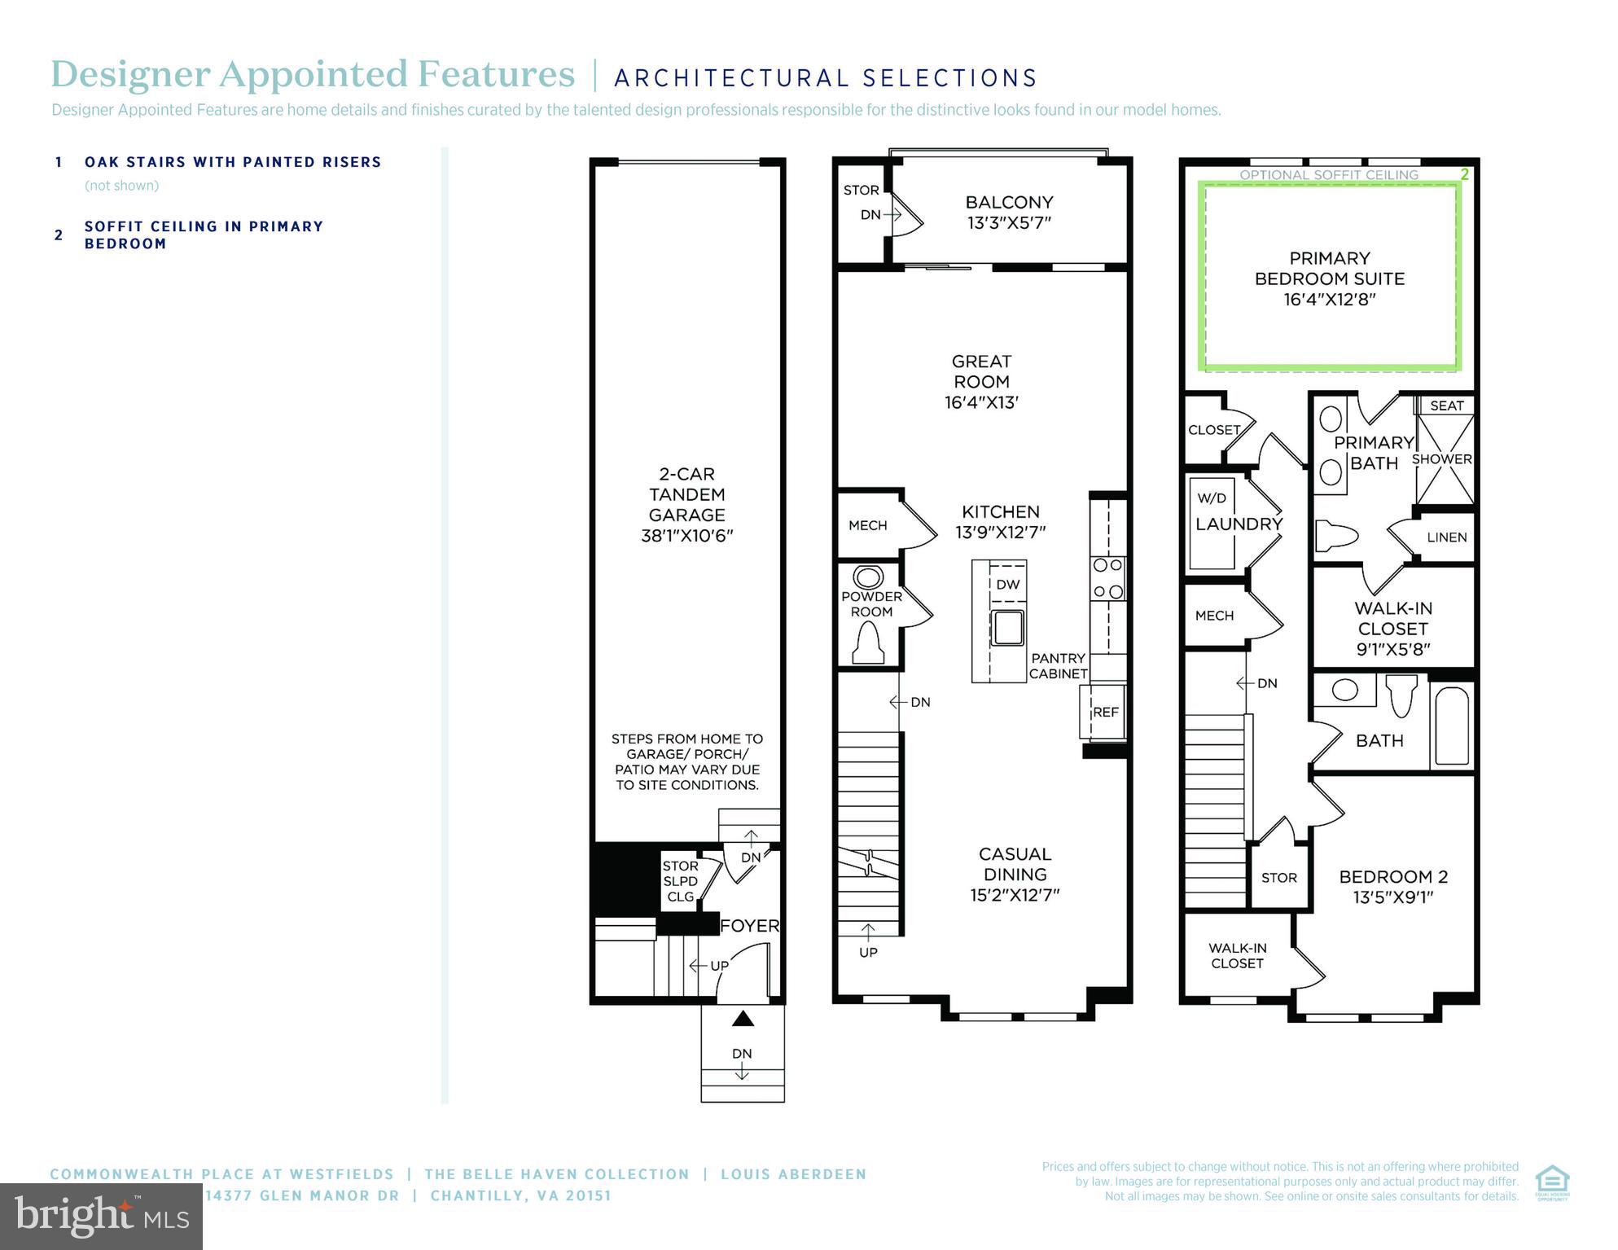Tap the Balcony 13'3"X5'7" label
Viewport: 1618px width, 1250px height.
pyautogui.click(x=1009, y=212)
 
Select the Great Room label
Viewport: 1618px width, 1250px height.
pyautogui.click(x=981, y=381)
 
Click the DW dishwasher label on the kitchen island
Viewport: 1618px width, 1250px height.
pyautogui.click(x=1007, y=584)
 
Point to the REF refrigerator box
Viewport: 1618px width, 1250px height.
pyautogui.click(x=1104, y=712)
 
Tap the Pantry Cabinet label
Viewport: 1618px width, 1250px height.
pyautogui.click(x=1058, y=665)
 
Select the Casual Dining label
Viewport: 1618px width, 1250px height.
pyautogui.click(x=1015, y=874)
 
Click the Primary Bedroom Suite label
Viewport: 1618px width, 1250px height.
pyautogui.click(x=1329, y=279)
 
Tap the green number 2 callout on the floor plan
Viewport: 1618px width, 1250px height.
pyautogui.click(x=1464, y=174)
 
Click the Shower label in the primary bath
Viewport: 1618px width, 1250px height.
pyautogui.click(x=1441, y=459)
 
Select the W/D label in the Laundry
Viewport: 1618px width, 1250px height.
pyautogui.click(x=1212, y=498)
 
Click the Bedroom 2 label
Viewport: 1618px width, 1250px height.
pyautogui.click(x=1392, y=886)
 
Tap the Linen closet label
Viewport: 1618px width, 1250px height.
pyautogui.click(x=1446, y=537)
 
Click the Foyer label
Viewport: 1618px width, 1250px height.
pyautogui.click(x=749, y=926)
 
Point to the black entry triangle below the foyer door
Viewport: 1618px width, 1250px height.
pyautogui.click(x=742, y=1019)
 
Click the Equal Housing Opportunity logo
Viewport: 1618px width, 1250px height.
pyautogui.click(x=1552, y=1182)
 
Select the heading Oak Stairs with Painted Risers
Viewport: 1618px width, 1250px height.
pyautogui.click(x=233, y=162)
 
